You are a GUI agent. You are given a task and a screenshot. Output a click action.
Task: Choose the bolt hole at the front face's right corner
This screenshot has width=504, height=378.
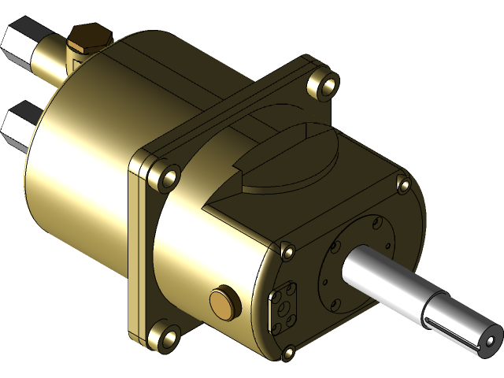[x=404, y=186]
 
